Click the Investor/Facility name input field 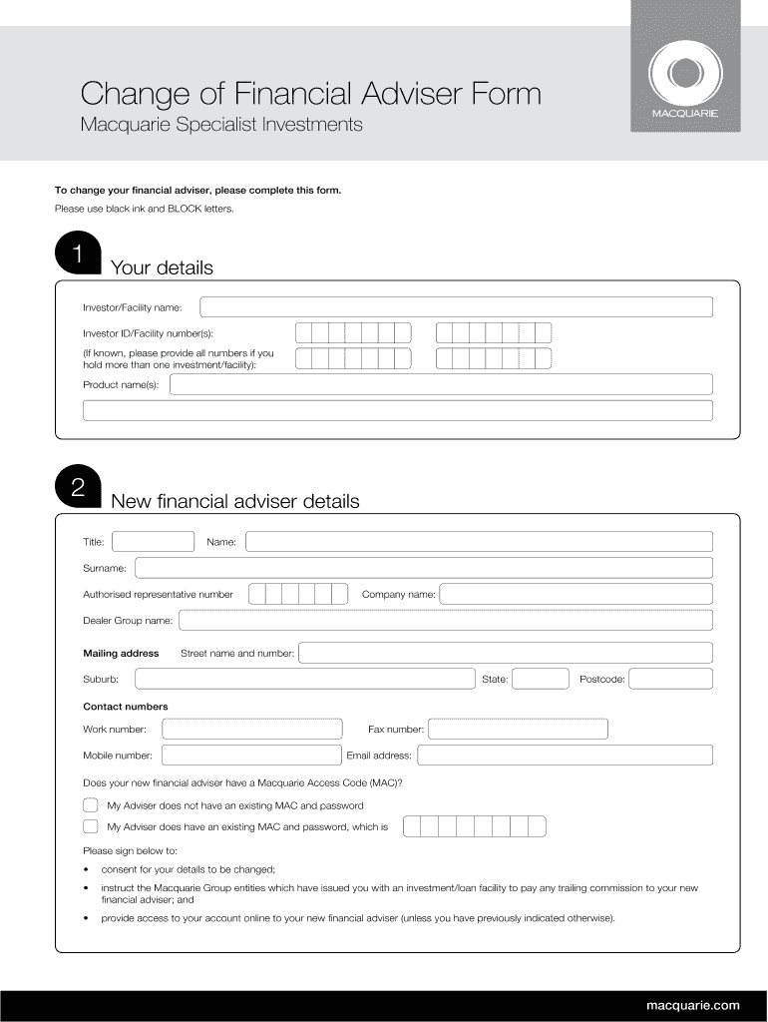point(456,306)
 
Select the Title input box point(153,542)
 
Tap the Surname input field point(423,568)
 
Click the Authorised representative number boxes point(297,594)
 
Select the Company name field point(576,594)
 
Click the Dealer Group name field point(444,620)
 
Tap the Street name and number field point(505,653)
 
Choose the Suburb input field point(304,679)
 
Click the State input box point(540,679)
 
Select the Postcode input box point(670,679)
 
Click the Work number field point(251,730)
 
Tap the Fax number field point(518,730)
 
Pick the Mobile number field point(250,756)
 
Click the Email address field point(564,756)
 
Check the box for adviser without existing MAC point(91,805)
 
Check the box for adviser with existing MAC point(91,826)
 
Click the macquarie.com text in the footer point(692,1004)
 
